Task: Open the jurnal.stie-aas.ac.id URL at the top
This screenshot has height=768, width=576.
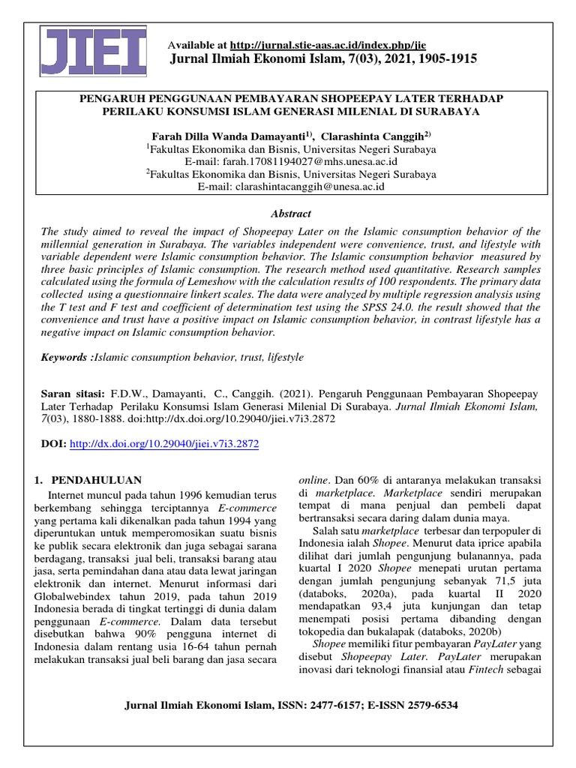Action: click(328, 45)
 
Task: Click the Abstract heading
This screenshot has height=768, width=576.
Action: click(290, 214)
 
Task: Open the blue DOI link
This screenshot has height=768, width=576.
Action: click(163, 445)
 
